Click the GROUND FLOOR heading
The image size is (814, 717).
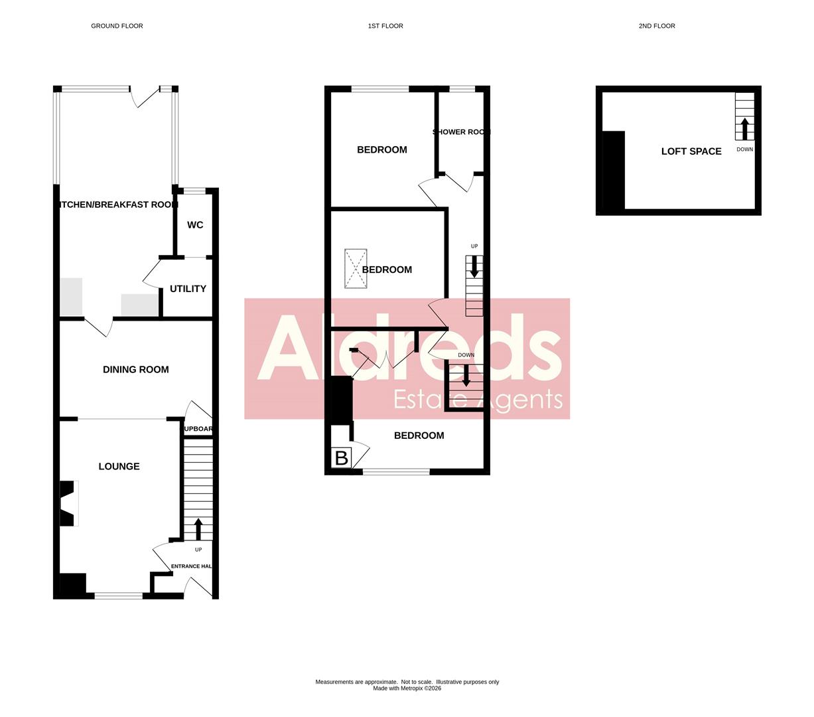click(117, 26)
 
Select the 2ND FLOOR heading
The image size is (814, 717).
click(656, 26)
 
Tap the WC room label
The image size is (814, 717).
click(194, 225)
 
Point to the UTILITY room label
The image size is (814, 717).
click(188, 289)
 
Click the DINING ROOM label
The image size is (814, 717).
click(135, 370)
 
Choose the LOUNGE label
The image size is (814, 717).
click(119, 467)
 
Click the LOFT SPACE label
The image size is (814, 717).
click(691, 151)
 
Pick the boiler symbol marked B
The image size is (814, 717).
click(341, 458)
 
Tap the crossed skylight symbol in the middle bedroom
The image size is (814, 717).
click(356, 268)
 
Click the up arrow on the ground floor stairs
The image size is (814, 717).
click(198, 529)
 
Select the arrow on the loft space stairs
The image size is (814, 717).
click(744, 128)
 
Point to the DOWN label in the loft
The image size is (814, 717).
click(744, 149)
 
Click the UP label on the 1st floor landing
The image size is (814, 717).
click(474, 246)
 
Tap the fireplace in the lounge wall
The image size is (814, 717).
click(68, 503)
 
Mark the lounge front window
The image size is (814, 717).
click(118, 596)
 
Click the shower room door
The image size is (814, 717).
click(458, 181)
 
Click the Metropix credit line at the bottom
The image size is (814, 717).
click(407, 688)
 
